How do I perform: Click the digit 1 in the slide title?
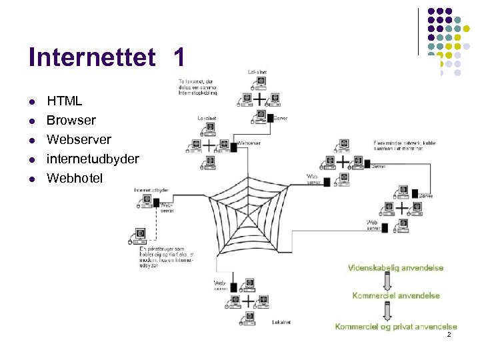pyautogui.click(x=178, y=57)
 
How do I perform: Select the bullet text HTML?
pyautogui.click(x=64, y=101)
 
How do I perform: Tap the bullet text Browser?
pyautogui.click(x=71, y=121)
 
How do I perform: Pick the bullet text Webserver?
pyautogui.click(x=79, y=140)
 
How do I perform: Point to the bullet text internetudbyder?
pyautogui.click(x=93, y=159)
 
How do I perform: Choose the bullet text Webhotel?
pyautogui.click(x=75, y=178)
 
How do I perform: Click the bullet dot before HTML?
pyautogui.click(x=31, y=102)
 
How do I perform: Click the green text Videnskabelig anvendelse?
pyautogui.click(x=395, y=268)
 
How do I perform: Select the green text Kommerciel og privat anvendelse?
pyautogui.click(x=396, y=327)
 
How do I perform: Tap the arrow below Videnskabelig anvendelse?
pyautogui.click(x=394, y=281)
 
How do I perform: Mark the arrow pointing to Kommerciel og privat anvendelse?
pyautogui.click(x=394, y=311)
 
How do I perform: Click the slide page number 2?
pyautogui.click(x=449, y=335)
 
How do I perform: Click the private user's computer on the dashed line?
pyautogui.click(x=141, y=235)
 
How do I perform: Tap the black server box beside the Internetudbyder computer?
pyautogui.click(x=156, y=203)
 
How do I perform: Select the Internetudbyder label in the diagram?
pyautogui.click(x=151, y=190)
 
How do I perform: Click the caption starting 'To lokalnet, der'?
pyautogui.click(x=197, y=87)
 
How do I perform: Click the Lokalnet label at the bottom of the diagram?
pyautogui.click(x=281, y=323)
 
